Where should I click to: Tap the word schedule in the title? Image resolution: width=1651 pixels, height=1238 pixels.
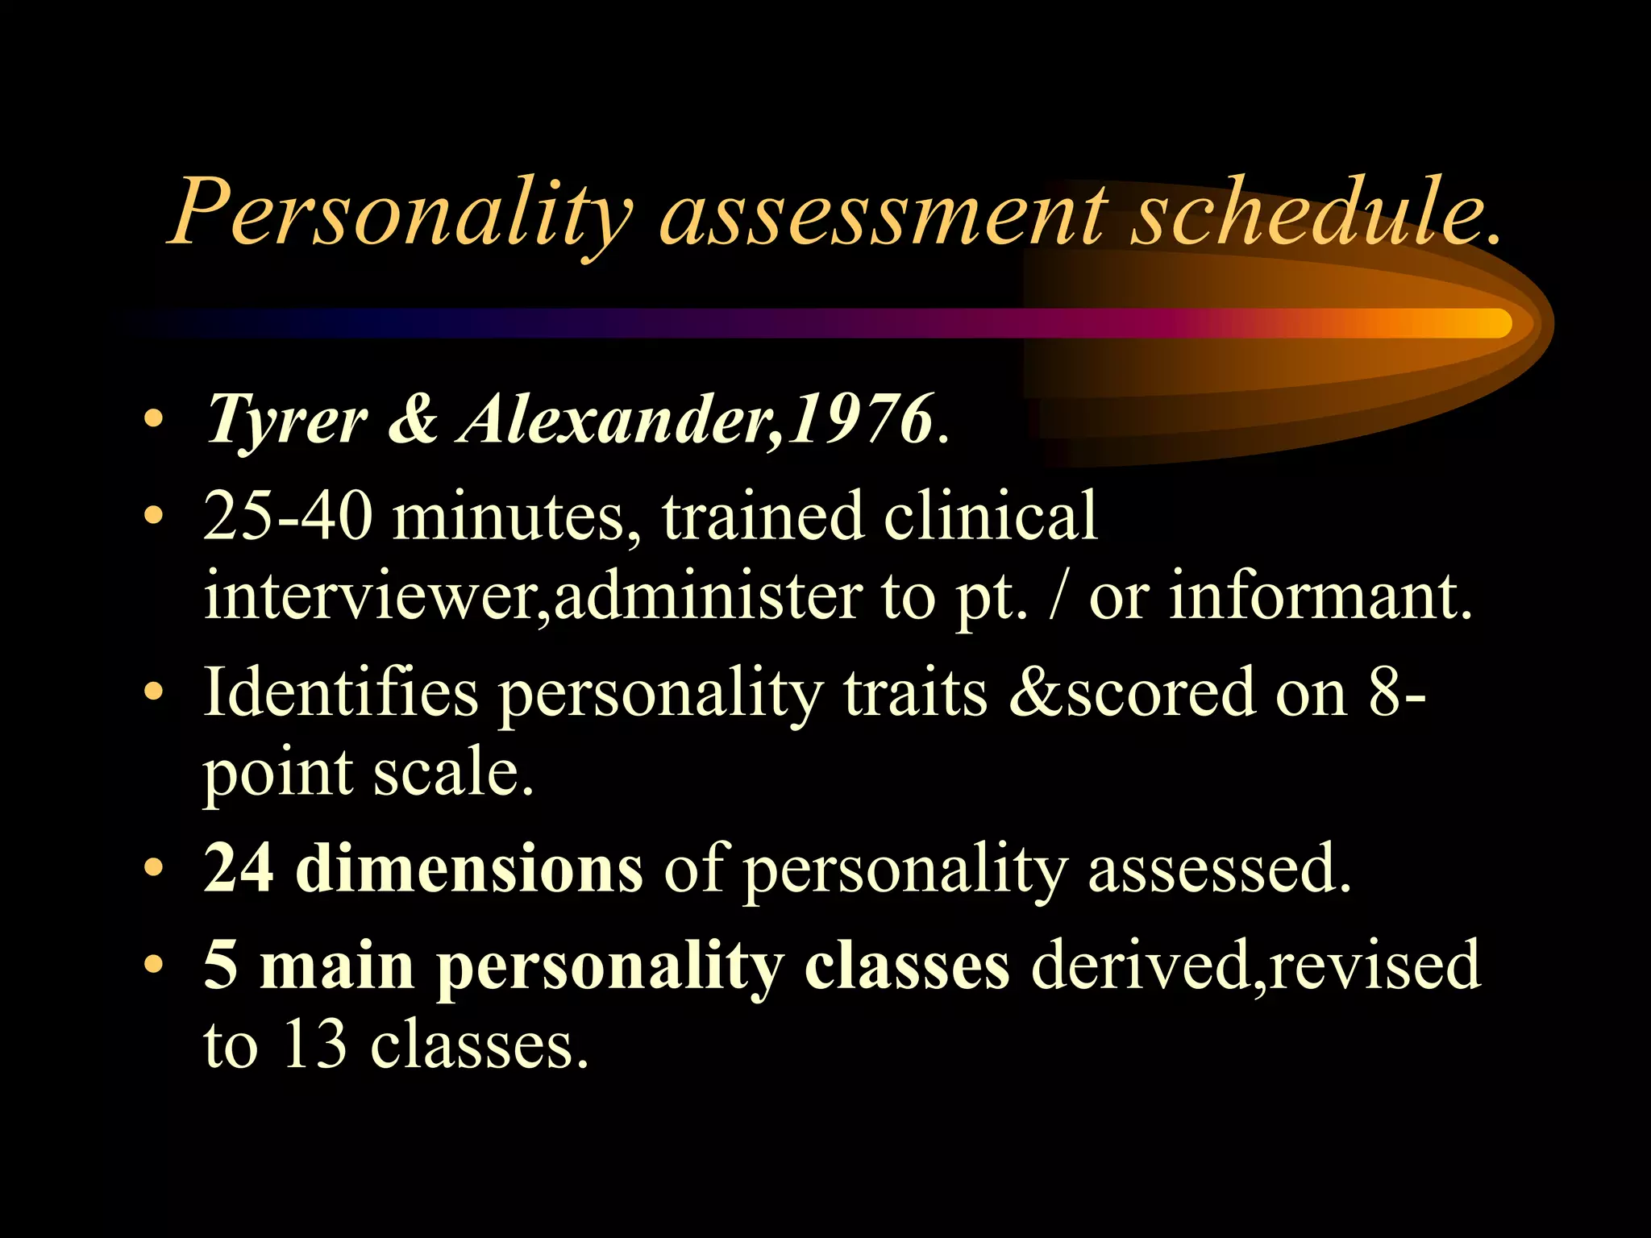point(1306,211)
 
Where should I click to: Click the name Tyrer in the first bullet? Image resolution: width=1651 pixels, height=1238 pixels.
point(286,421)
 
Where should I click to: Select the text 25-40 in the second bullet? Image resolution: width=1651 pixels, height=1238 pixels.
point(288,516)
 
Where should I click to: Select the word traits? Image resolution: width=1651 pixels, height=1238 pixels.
point(915,693)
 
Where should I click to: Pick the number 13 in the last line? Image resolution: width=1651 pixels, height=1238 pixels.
point(315,1045)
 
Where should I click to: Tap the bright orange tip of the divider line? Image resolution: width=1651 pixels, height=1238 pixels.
point(1491,323)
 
